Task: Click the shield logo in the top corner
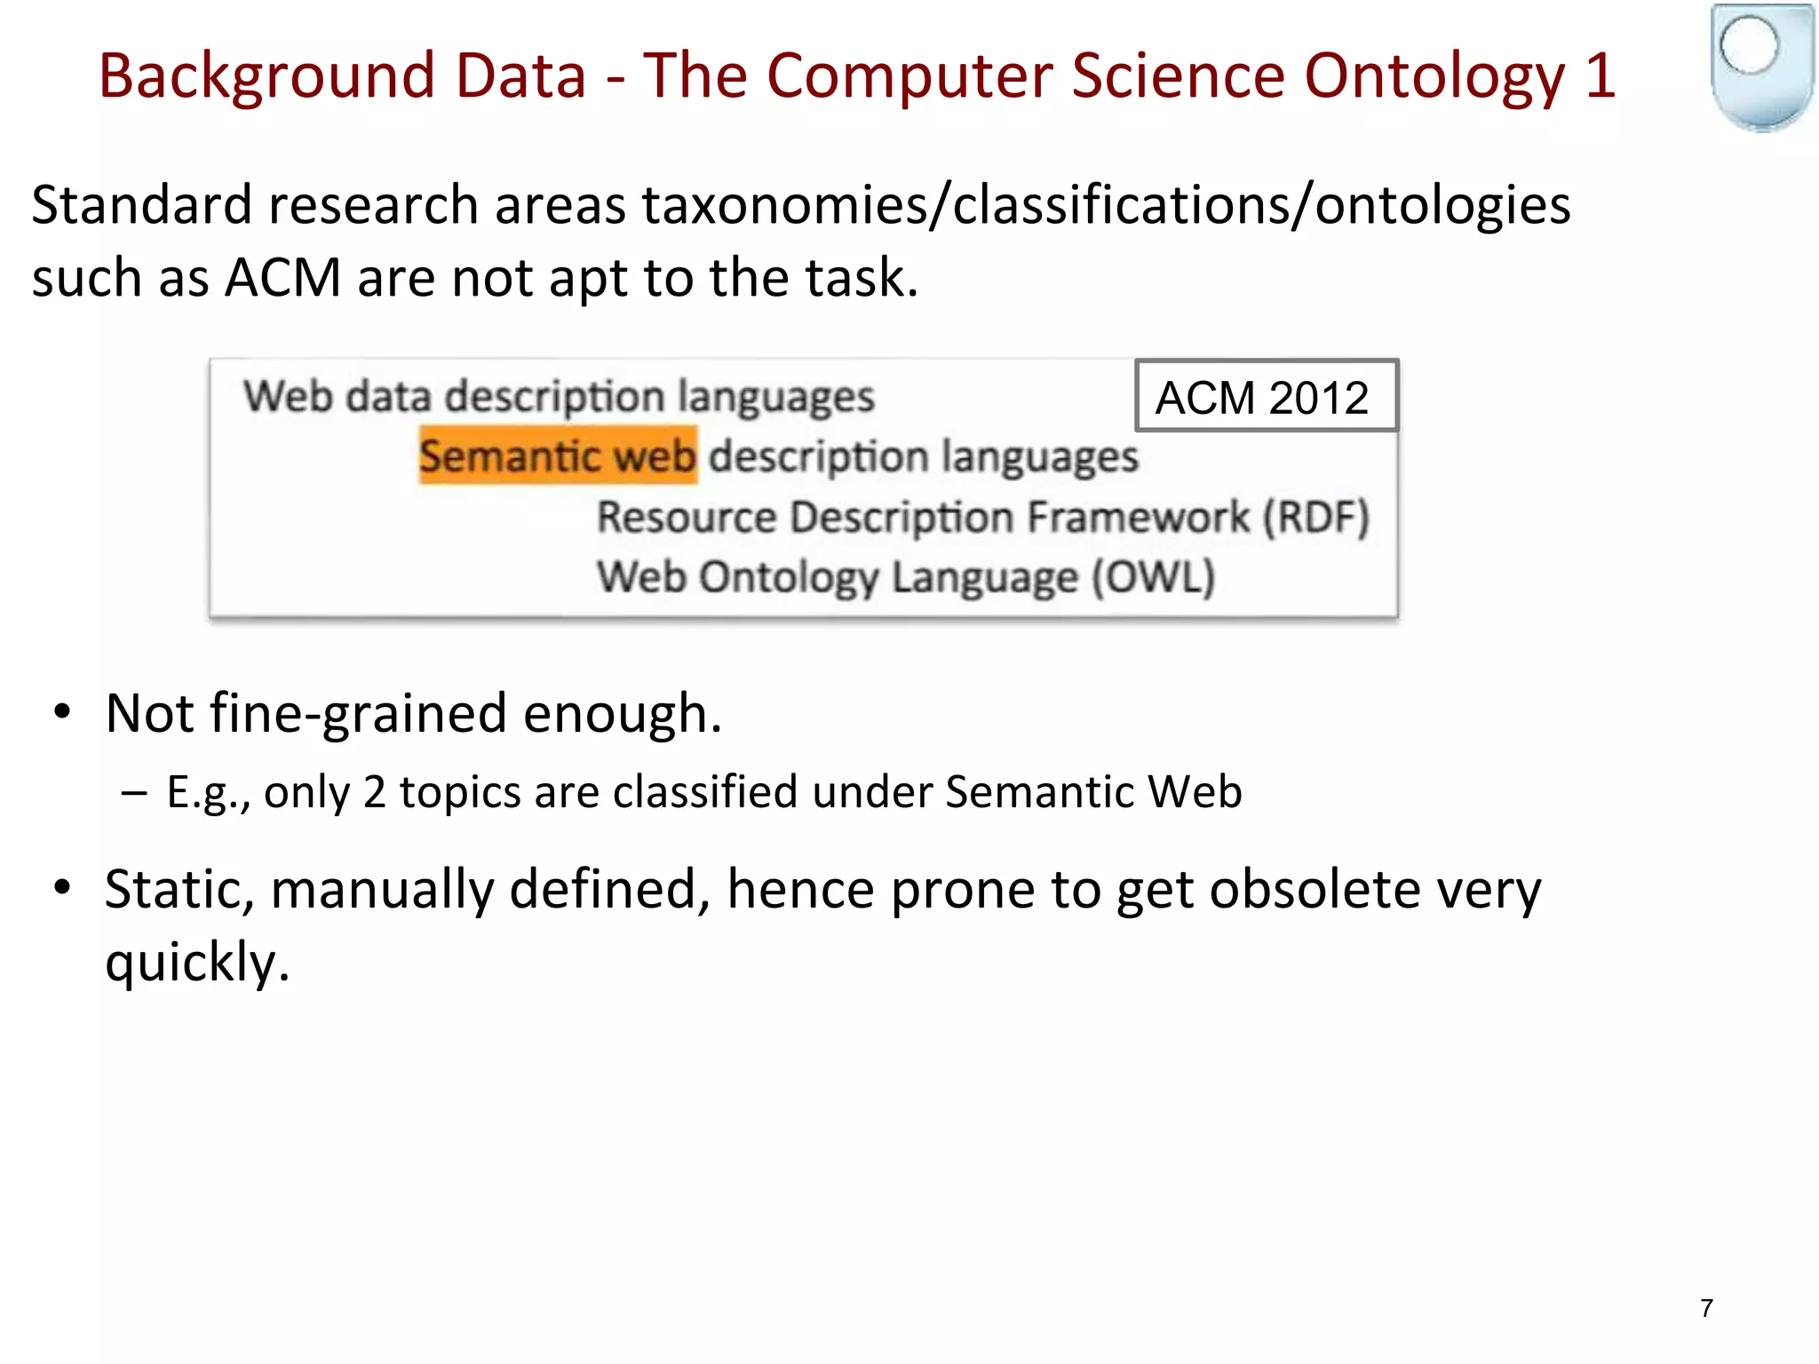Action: pos(1762,67)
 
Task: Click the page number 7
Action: pos(1706,1308)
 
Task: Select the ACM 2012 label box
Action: pos(1266,396)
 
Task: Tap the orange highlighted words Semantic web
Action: pos(558,456)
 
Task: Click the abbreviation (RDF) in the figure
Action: pos(1316,518)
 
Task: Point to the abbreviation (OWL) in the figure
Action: pos(1153,577)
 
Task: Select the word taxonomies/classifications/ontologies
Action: pos(1106,205)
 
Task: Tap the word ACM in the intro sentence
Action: pos(282,278)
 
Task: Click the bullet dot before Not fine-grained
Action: pos(61,712)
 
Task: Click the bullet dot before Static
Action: pos(61,888)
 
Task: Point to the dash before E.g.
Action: pos(135,791)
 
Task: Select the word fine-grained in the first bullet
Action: pos(358,714)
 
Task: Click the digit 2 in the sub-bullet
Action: pos(374,791)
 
